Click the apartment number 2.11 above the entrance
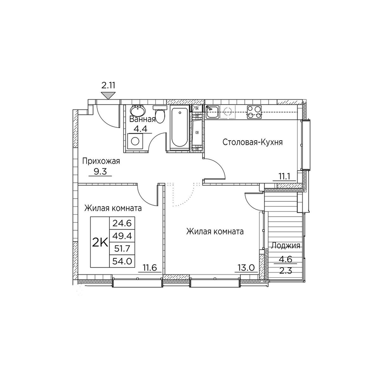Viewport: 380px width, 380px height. [108, 85]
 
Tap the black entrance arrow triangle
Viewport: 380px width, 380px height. [108, 95]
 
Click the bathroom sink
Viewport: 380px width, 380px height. [138, 111]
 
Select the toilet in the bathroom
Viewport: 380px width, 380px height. [160, 114]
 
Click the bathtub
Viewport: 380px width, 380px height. [179, 128]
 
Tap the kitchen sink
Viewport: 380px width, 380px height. [212, 112]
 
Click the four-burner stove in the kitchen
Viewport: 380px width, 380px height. [254, 112]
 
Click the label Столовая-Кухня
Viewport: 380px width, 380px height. [253, 142]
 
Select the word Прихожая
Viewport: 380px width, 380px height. [101, 161]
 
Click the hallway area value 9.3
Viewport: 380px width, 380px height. [100, 172]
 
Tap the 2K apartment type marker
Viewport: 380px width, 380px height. [100, 242]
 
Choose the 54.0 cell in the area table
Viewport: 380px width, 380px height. [122, 261]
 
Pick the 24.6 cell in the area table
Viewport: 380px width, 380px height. [122, 223]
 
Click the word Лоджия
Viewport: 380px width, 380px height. [285, 246]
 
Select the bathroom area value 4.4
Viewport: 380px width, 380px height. [141, 129]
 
